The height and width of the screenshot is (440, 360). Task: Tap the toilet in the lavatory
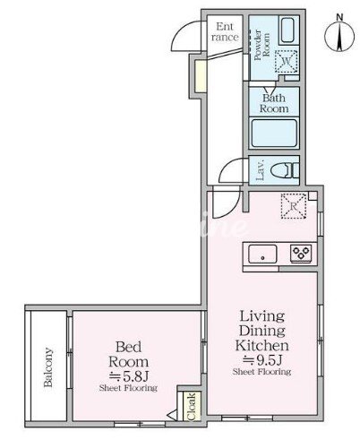(285, 170)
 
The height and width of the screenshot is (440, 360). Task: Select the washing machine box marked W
(286, 61)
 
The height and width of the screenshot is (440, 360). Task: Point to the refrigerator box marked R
(294, 206)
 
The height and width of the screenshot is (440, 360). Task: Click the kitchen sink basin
(262, 255)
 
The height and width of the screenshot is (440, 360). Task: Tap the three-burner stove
(301, 254)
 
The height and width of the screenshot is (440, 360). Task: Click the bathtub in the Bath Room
(273, 133)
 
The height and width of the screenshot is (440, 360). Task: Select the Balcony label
(47, 367)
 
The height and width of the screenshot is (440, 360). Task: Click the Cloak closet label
(191, 407)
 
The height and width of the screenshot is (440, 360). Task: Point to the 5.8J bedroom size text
(128, 376)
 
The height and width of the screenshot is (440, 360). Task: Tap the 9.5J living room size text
(262, 360)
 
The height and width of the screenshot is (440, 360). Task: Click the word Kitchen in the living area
(261, 346)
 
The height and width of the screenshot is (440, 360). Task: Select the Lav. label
(261, 170)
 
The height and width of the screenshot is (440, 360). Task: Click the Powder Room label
(261, 45)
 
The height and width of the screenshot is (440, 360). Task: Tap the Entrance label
(225, 31)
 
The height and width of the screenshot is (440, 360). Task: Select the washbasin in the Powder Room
(288, 30)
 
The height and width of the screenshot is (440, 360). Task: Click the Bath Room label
(274, 103)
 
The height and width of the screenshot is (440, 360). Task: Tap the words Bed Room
(128, 354)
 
